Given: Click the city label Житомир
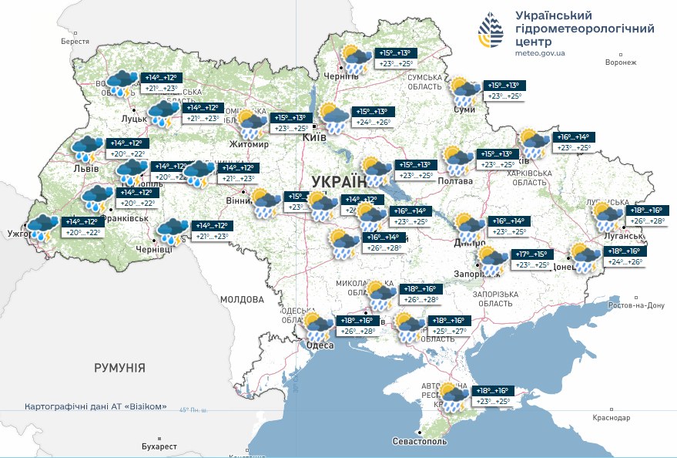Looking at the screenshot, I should point(249,144).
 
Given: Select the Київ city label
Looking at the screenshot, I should point(315,136).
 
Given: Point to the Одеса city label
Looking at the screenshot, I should point(319,345).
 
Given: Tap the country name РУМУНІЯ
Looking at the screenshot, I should point(119,368).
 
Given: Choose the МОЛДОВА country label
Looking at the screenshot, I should point(242,299).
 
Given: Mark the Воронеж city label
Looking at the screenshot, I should point(621,62).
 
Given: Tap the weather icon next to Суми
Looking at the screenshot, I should point(464,91).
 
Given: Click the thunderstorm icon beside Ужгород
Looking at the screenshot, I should point(42,227).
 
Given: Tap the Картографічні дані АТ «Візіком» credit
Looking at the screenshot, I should point(96,406).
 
